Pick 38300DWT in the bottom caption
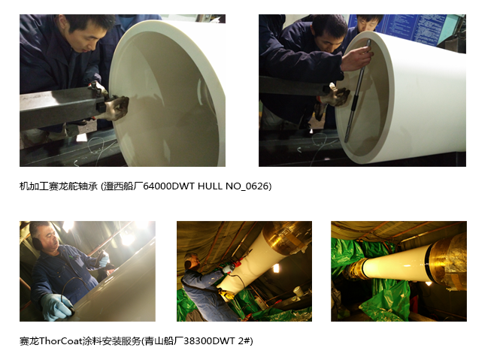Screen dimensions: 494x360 point(209,341)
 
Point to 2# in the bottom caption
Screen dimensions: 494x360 point(244,341)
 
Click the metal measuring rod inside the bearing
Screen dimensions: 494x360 point(357,91)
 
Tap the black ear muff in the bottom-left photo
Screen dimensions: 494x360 point(37,243)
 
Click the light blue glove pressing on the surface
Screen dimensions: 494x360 point(57,306)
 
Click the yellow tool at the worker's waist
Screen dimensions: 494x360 point(226,295)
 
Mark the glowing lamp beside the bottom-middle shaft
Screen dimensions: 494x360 point(276,268)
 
